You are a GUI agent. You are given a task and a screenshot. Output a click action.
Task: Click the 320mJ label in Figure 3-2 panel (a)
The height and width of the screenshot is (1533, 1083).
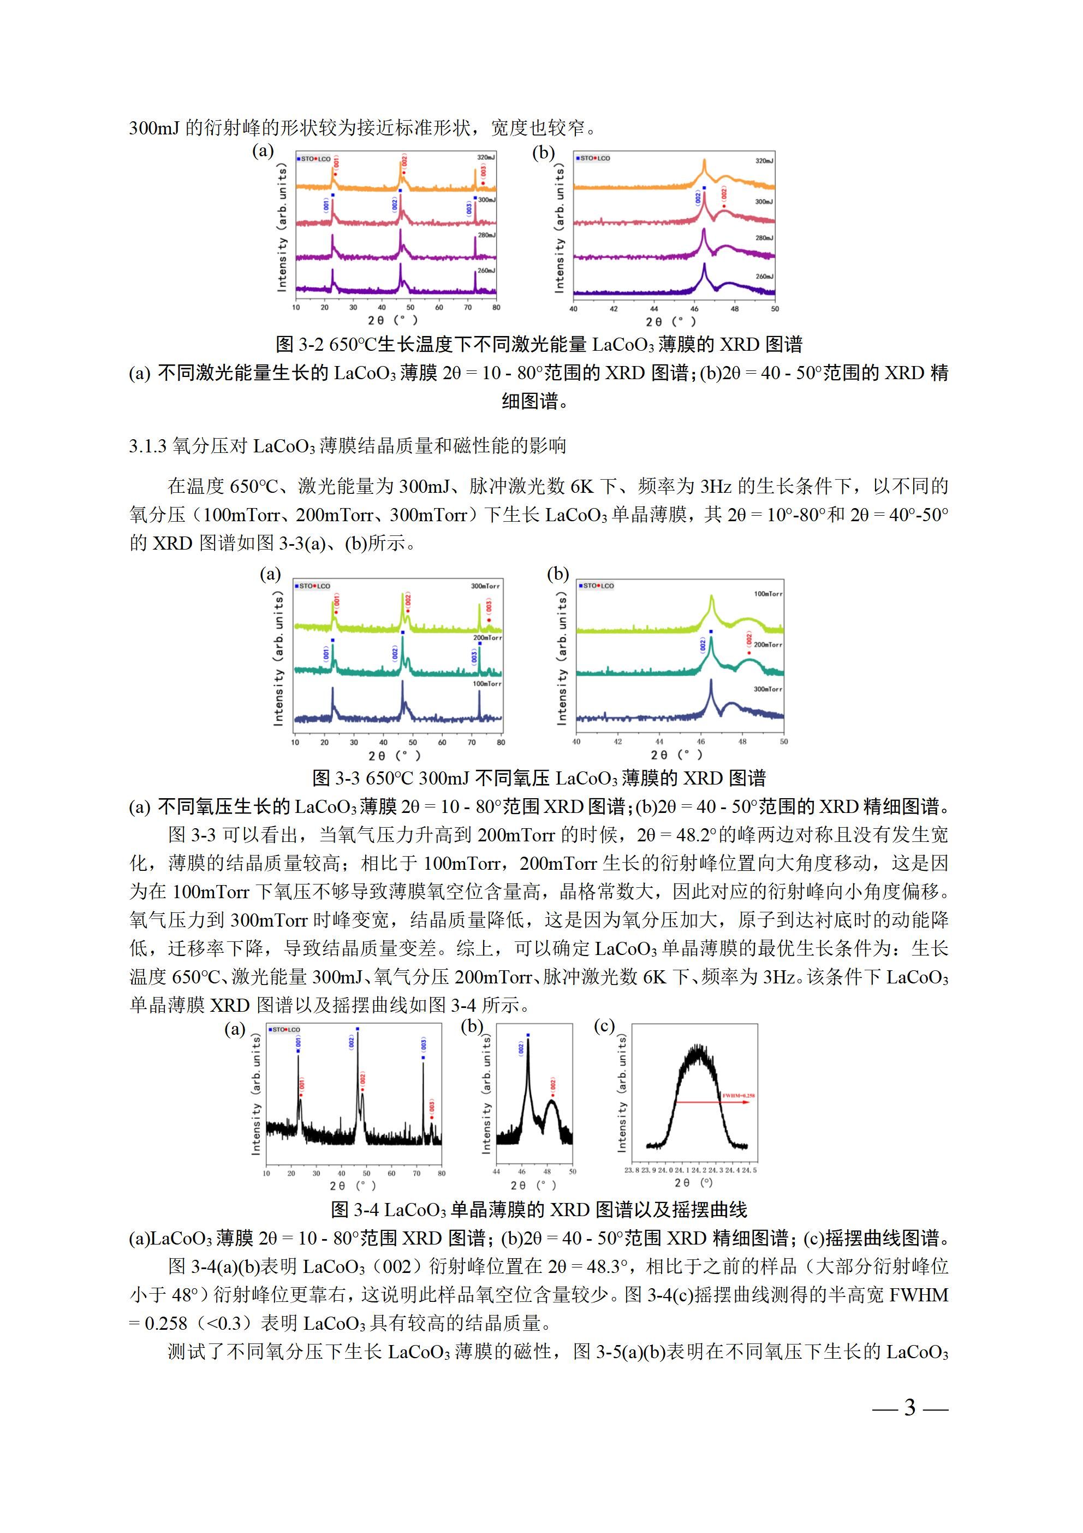pos(486,157)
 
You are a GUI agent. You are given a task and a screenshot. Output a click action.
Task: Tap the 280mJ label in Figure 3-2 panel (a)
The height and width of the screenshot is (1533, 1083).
pos(486,235)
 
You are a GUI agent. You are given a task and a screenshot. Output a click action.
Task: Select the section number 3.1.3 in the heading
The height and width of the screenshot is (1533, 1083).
pos(147,446)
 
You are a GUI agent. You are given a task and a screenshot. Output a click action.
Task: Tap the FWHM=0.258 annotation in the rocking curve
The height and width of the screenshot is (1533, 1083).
pos(739,1096)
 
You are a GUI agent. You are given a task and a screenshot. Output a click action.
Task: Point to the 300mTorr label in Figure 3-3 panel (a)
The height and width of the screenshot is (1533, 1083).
pos(485,586)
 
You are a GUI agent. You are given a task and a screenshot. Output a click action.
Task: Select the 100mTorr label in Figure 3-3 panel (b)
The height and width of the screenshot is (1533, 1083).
pos(768,593)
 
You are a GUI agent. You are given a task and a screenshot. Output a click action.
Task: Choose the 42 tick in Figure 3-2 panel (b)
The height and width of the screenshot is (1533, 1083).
pos(614,309)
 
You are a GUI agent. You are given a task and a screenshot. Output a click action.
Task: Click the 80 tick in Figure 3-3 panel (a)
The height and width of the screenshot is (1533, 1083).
pos(501,742)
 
